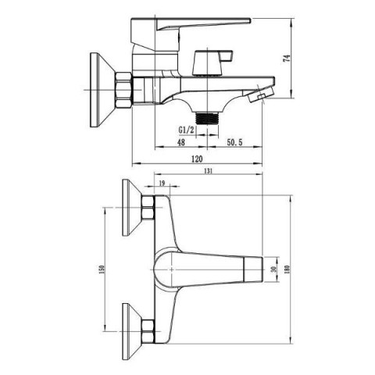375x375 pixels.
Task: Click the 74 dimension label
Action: pyautogui.click(x=286, y=59)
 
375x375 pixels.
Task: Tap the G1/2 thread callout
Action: pyautogui.click(x=186, y=130)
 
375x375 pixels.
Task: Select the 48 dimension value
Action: pyautogui.click(x=181, y=142)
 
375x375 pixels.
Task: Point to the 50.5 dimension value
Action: pyautogui.click(x=234, y=142)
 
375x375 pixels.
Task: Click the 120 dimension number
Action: pyautogui.click(x=197, y=159)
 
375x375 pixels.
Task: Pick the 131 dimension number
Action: pyautogui.click(x=208, y=171)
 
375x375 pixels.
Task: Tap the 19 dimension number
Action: pyautogui.click(x=162, y=183)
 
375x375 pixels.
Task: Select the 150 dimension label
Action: pyautogui.click(x=102, y=269)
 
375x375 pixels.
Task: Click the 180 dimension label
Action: pyautogui.click(x=287, y=269)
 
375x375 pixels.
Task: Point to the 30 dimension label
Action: pyautogui.click(x=273, y=269)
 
